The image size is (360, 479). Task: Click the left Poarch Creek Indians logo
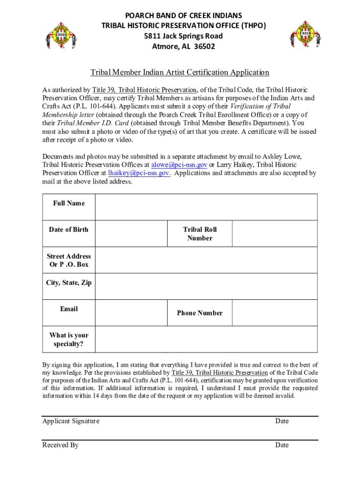point(59,34)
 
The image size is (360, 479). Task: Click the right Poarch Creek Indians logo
point(305,34)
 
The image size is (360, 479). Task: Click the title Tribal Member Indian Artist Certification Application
point(180,72)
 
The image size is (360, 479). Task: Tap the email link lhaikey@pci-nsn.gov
point(139,173)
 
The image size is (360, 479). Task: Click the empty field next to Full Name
point(206,207)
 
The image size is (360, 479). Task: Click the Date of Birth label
point(68,229)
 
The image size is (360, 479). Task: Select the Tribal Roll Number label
point(200,233)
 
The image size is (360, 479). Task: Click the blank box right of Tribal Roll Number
point(274,233)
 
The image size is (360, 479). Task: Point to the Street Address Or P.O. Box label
point(69,260)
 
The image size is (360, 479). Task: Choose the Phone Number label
point(200,313)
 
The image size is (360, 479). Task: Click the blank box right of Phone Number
point(274,313)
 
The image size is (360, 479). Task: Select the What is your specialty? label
point(69,340)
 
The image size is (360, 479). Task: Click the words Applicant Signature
point(71,421)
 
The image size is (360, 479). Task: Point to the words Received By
point(60,445)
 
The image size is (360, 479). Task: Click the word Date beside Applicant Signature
point(282,421)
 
